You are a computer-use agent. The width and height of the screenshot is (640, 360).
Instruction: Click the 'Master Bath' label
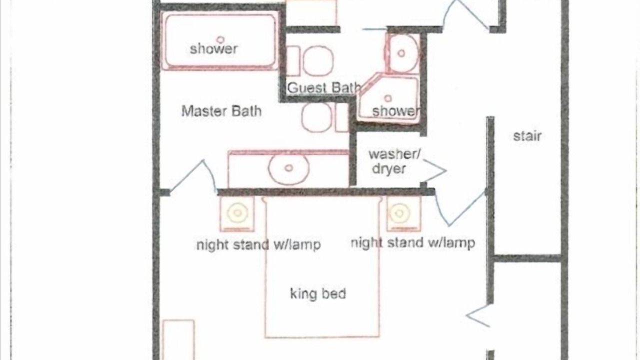(x=221, y=111)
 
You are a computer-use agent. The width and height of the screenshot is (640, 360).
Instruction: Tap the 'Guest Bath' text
(x=324, y=87)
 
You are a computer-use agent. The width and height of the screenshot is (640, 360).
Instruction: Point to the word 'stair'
(x=527, y=136)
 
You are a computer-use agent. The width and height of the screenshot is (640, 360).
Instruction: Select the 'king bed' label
(x=318, y=293)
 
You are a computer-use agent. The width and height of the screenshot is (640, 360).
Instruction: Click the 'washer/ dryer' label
(x=394, y=161)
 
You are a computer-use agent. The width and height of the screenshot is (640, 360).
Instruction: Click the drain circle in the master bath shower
(x=220, y=39)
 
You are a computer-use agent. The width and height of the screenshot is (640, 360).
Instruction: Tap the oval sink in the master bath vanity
(x=288, y=168)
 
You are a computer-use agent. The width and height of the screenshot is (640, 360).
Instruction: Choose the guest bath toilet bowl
(x=318, y=61)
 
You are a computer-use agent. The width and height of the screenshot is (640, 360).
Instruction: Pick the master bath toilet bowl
(x=316, y=117)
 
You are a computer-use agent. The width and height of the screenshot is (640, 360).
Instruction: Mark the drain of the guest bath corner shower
(x=387, y=98)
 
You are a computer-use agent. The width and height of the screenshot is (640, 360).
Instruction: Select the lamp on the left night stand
(x=237, y=213)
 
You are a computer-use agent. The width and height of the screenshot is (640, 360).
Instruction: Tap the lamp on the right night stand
(x=399, y=213)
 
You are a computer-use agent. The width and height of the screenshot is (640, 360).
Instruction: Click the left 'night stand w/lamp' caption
(x=258, y=245)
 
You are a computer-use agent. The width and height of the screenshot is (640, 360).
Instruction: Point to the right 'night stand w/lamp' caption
(x=413, y=243)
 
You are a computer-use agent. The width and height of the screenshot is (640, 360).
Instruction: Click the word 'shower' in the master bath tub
(x=213, y=49)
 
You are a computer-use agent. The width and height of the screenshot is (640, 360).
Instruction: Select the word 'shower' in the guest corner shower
(x=396, y=111)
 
